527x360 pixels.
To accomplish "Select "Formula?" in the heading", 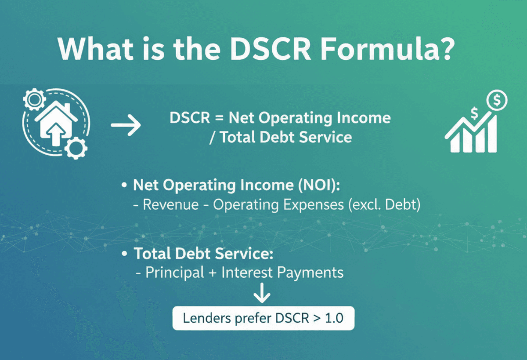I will [x=392, y=49].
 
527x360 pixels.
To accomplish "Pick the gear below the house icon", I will [x=76, y=147].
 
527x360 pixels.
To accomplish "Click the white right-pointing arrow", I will [x=126, y=126].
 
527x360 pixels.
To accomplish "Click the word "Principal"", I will [x=174, y=273].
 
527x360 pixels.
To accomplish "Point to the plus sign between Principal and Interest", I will [x=213, y=273].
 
